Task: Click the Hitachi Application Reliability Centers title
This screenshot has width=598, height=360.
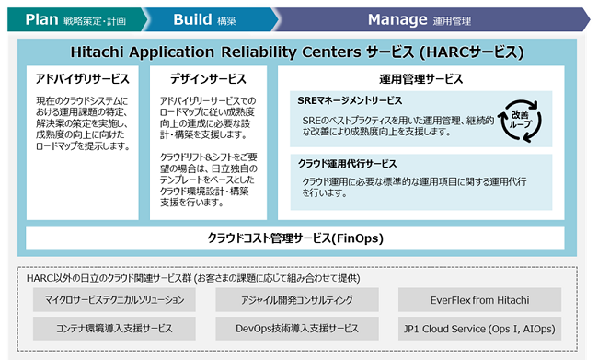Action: click(299, 52)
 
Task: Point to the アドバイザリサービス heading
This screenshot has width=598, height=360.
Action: click(82, 79)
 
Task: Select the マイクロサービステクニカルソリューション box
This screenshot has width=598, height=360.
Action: click(115, 299)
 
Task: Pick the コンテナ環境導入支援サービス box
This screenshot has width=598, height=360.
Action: click(115, 328)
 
